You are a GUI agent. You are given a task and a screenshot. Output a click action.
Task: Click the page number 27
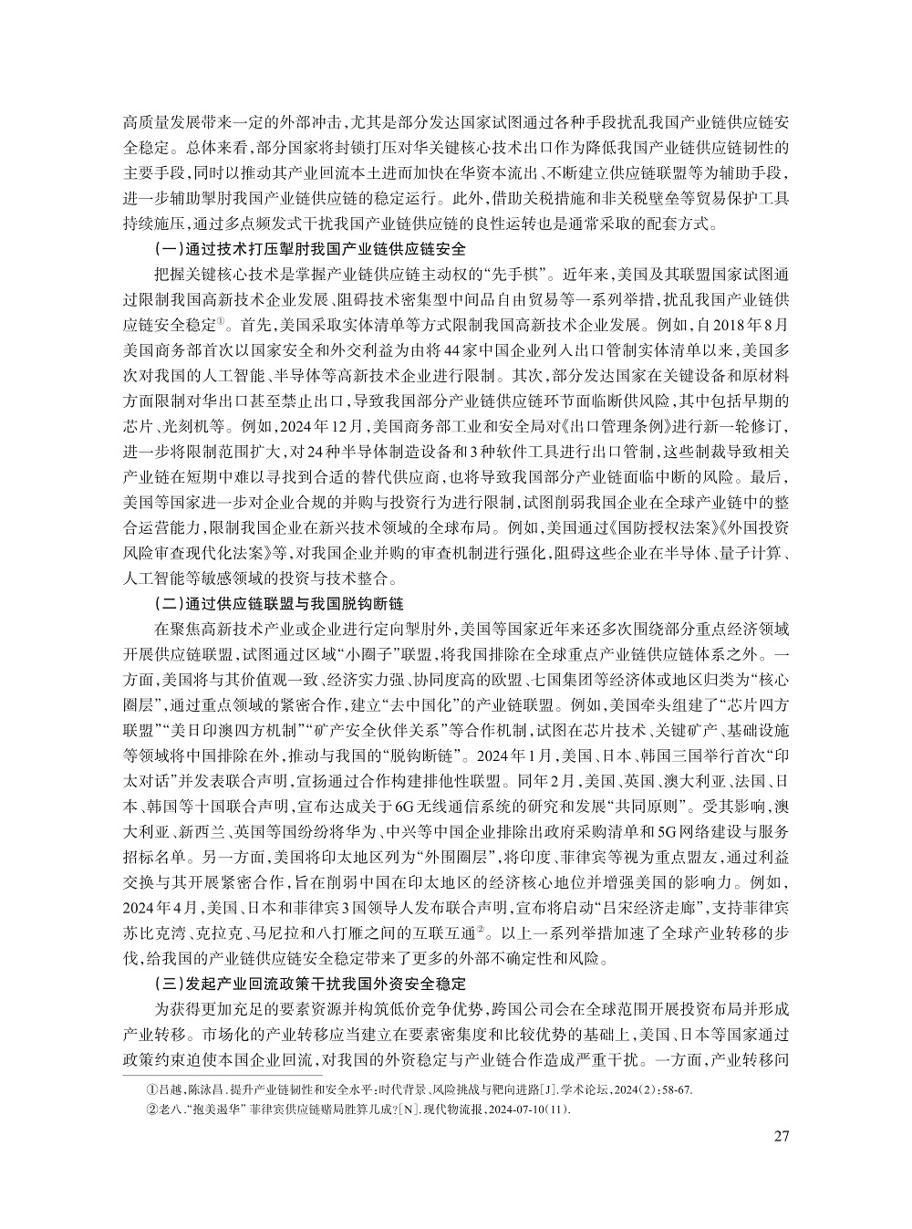(x=780, y=1136)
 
